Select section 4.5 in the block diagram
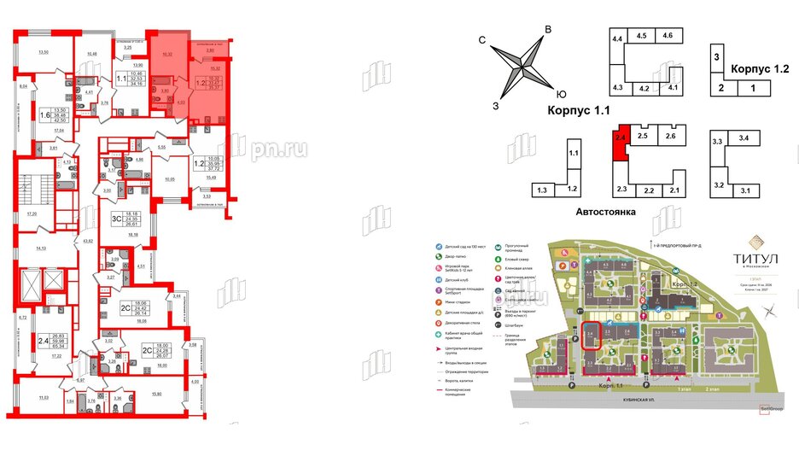[642, 35]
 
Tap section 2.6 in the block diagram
[671, 136]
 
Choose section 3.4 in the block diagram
[744, 137]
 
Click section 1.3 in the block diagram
[544, 189]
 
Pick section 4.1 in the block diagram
[673, 87]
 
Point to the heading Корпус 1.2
[757, 69]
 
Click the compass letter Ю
[560, 95]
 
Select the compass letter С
[482, 40]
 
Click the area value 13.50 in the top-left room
[34, 52]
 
